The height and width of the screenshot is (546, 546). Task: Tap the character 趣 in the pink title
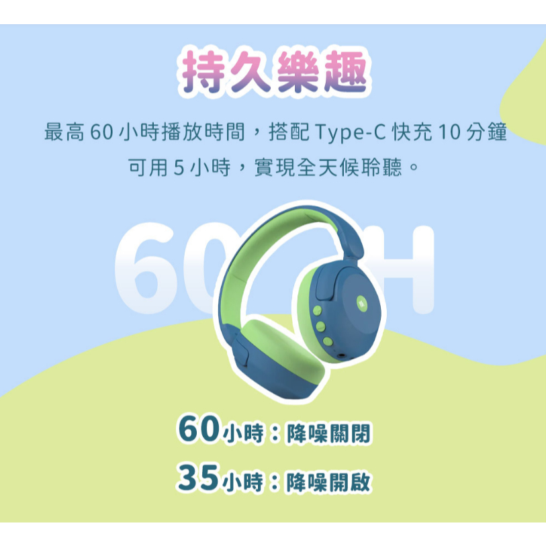345,72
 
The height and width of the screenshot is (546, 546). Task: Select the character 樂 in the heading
297,72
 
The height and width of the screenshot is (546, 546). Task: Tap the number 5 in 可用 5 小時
179,167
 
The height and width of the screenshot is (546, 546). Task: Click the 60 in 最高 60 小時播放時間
101,132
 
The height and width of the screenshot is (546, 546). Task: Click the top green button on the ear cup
317,310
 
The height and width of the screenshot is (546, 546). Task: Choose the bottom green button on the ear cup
328,342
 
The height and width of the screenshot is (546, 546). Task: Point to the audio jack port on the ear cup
342,356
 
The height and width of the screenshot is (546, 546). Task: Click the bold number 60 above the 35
199,429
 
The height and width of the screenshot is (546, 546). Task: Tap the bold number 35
198,477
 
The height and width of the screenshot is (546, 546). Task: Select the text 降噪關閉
328,433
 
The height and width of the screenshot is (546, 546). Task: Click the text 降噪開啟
328,482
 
